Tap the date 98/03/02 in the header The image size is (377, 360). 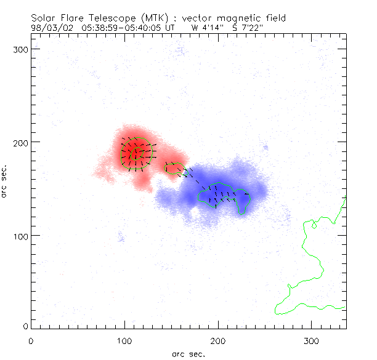coord(53,28)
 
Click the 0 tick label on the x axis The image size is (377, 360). coord(31,340)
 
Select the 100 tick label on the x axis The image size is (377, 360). coord(124,340)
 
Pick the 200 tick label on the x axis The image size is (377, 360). coord(218,340)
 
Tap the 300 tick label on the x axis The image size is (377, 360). coord(311,340)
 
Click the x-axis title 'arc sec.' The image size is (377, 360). coord(188,353)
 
